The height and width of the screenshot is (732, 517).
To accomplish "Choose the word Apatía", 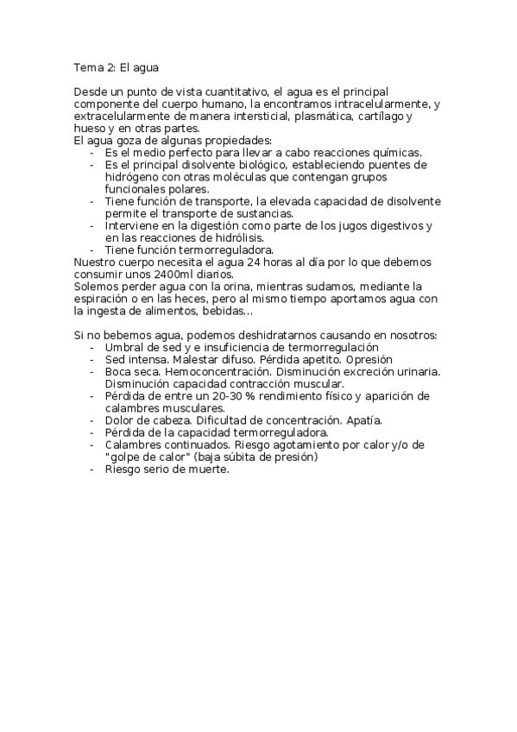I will [x=362, y=420].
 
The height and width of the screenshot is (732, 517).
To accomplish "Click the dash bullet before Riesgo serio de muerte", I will [x=92, y=470].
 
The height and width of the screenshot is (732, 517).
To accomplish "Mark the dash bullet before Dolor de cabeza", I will [x=92, y=420].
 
